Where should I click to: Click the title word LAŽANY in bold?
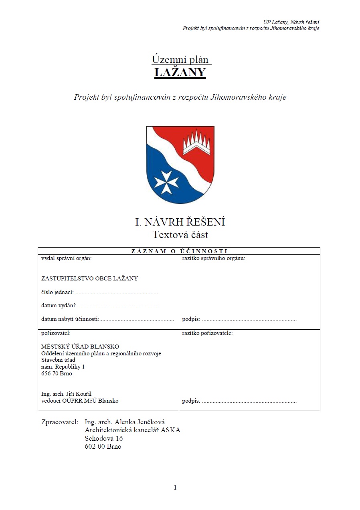pyautogui.click(x=180, y=73)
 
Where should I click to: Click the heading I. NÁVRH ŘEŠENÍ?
pyautogui.click(x=180, y=222)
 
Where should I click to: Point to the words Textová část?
pyautogui.click(x=180, y=234)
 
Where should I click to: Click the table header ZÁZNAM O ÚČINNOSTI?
pyautogui.click(x=179, y=251)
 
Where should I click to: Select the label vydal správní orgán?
pyautogui.click(x=67, y=258)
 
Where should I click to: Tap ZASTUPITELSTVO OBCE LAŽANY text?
pyautogui.click(x=90, y=278)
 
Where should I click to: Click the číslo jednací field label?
pyautogui.click(x=57, y=292)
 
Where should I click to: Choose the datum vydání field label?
pyautogui.click(x=59, y=306)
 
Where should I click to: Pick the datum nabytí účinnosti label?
pyautogui.click(x=70, y=319)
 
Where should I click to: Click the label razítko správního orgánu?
pyautogui.click(x=213, y=258)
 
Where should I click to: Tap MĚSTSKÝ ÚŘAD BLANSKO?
pyautogui.click(x=80, y=347)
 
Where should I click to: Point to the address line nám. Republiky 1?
pyautogui.click(x=63, y=367)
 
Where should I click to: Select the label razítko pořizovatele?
pyautogui.click(x=207, y=333)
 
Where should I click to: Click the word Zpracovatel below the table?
pyautogui.click(x=59, y=422)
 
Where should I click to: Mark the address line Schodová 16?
pyautogui.click(x=104, y=438)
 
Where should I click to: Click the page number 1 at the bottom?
pyautogui.click(x=175, y=488)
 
